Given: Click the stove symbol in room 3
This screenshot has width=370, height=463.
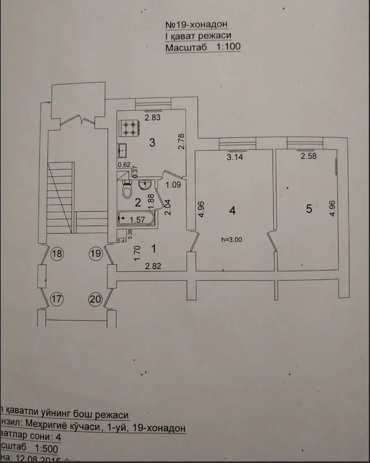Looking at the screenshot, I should pos(128,127).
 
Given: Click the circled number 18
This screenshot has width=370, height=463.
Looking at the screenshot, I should pos(57,254).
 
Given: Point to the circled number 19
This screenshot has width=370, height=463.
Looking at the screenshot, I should pos(97,254).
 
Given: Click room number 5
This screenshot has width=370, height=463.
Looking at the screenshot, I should pos(309,209).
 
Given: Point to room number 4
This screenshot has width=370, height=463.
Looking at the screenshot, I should pos(232,210).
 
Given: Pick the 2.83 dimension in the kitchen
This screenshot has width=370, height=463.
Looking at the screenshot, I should pos(152,117).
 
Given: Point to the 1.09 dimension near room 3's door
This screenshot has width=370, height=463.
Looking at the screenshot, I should pos(173,186).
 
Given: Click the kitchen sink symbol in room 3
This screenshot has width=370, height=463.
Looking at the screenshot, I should pos(122,150).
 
